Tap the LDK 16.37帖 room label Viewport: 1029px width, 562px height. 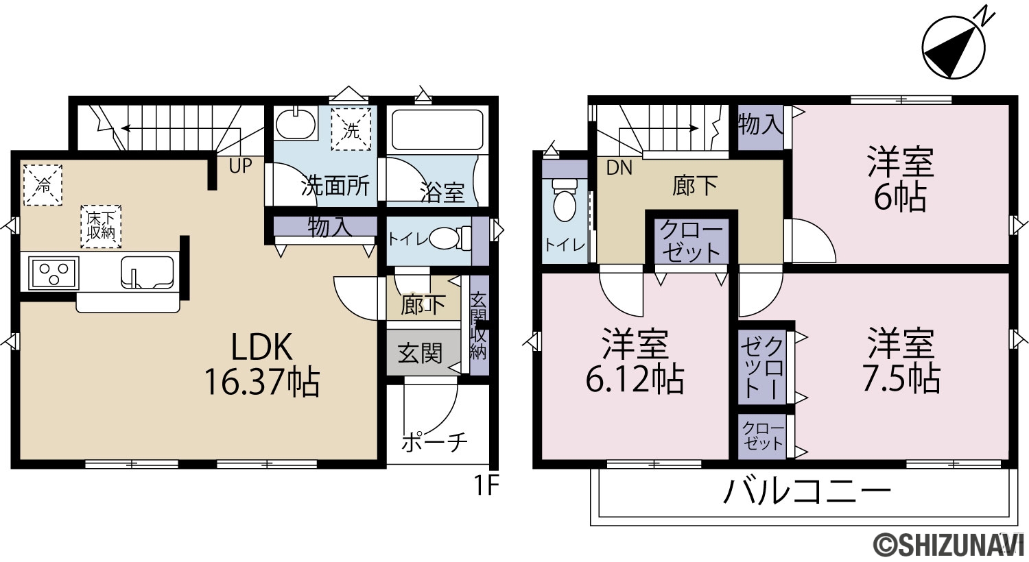pos(262,365)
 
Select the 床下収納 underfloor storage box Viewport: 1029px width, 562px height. pos(101,227)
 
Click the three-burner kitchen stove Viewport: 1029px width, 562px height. pos(54,273)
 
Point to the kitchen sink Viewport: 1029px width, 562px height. pos(147,273)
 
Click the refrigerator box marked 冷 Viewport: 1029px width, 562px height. pos(43,185)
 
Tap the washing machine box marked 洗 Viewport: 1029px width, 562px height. pos(351,129)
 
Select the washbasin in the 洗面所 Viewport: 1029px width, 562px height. pos(296,123)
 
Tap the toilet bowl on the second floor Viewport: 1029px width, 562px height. pos(565,201)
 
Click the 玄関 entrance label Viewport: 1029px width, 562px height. pos(420,353)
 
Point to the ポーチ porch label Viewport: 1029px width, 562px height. pos(434,442)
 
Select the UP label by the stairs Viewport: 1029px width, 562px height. pos(240,166)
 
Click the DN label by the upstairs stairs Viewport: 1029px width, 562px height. pos(619,168)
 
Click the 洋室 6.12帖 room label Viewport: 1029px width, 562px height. pos(635,362)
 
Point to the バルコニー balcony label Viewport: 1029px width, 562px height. pos(807,492)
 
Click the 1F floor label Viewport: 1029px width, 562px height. pos(486,486)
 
